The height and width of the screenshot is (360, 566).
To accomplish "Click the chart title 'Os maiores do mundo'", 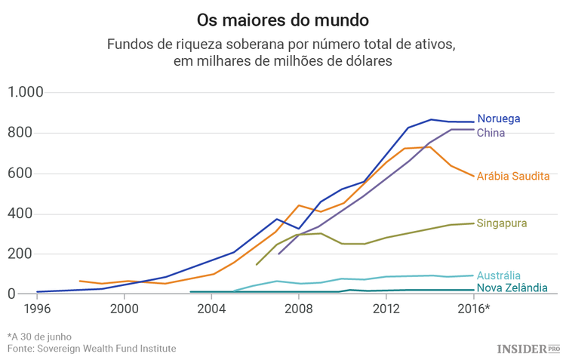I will pos(283,18).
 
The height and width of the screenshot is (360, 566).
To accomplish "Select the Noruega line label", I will pos(499,119).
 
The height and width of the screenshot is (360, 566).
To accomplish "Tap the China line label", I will pos(491,133).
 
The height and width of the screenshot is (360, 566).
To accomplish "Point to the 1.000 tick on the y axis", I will pos(26,93).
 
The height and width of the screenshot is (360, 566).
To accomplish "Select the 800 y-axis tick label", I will pos(29,133).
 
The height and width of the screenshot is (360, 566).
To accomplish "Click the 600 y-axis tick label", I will pos(29,174).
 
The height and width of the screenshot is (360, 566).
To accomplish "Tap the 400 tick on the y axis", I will pos(29,214).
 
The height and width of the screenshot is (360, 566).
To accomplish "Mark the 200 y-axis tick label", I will pos(29,254).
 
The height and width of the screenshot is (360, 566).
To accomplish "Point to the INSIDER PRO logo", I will pos(528,348).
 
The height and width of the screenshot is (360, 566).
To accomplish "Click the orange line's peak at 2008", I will pos(299,205).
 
